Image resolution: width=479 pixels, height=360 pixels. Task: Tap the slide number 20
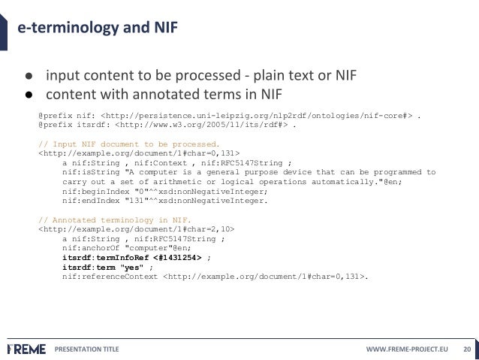(466, 349)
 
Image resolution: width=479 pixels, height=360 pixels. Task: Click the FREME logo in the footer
(26, 349)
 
